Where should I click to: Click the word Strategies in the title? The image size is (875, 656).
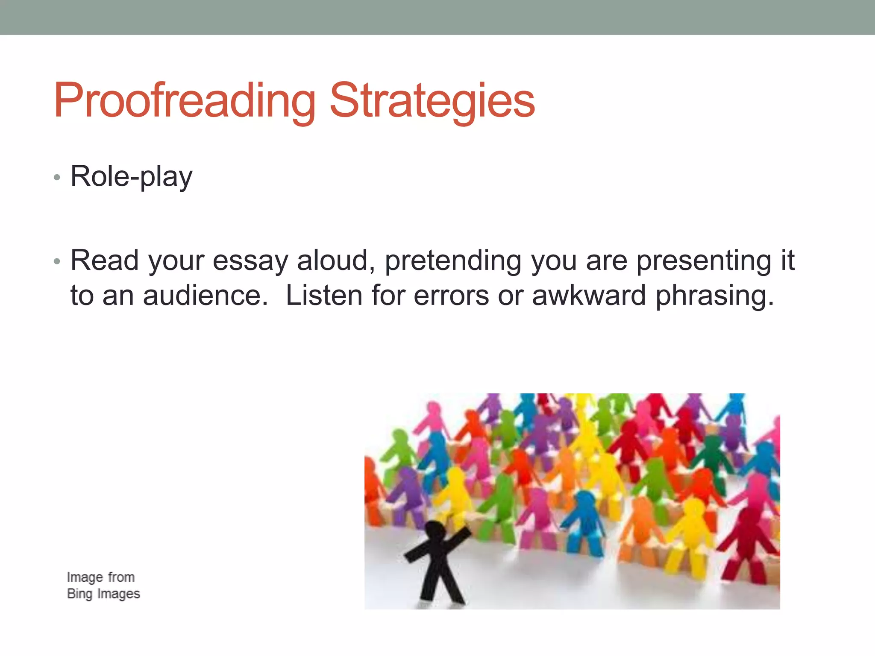pyautogui.click(x=432, y=101)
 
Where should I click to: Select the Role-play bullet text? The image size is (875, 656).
pyautogui.click(x=131, y=177)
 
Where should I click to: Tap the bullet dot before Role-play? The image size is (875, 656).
pyautogui.click(x=57, y=177)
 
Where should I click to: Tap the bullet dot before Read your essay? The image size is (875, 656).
pyautogui.click(x=57, y=261)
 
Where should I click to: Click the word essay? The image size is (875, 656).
pyautogui.click(x=250, y=261)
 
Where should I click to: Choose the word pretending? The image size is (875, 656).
pyautogui.click(x=453, y=261)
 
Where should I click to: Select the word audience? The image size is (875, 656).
pyautogui.click(x=202, y=296)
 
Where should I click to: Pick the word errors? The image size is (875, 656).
pyautogui.click(x=451, y=296)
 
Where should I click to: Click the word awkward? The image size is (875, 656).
pyautogui.click(x=588, y=296)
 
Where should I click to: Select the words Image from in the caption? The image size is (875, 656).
pyautogui.click(x=101, y=577)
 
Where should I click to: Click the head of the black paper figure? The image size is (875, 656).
pyautogui.click(x=435, y=532)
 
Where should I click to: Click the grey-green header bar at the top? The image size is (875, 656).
pyautogui.click(x=437, y=17)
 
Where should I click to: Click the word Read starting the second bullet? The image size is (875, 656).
pyautogui.click(x=104, y=261)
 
